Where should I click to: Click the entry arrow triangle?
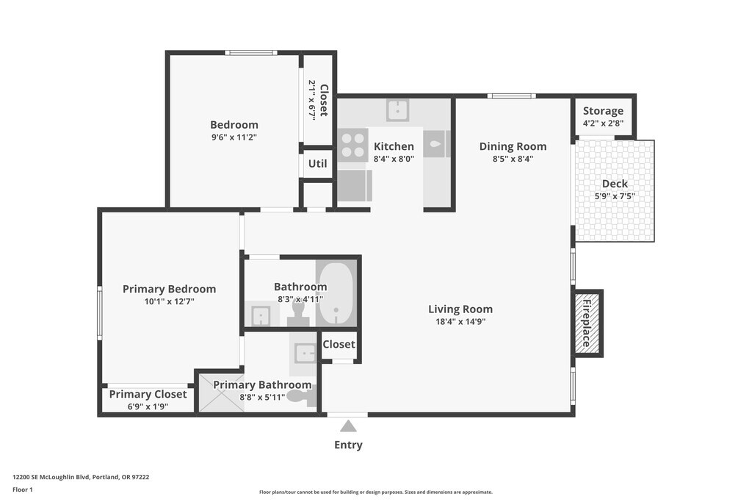(x=349, y=426)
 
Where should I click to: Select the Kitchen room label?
(x=394, y=146)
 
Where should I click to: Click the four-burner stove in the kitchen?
(x=353, y=146)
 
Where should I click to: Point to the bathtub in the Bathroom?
(x=336, y=294)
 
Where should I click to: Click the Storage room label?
(x=604, y=111)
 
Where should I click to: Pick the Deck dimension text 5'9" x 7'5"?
(x=615, y=196)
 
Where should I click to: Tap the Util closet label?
(x=317, y=164)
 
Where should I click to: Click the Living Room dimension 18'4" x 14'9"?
(x=460, y=321)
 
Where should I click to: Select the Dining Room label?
(x=513, y=146)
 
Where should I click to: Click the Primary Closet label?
(x=148, y=394)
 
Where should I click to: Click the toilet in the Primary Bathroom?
(x=303, y=396)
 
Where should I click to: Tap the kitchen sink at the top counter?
(x=397, y=110)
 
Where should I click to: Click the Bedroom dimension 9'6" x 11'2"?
(x=234, y=137)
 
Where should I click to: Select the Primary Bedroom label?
(x=170, y=289)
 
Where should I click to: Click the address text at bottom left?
(x=81, y=477)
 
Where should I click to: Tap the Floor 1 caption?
(x=23, y=490)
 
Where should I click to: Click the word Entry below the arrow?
(x=348, y=445)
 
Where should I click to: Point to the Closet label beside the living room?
(x=339, y=344)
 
